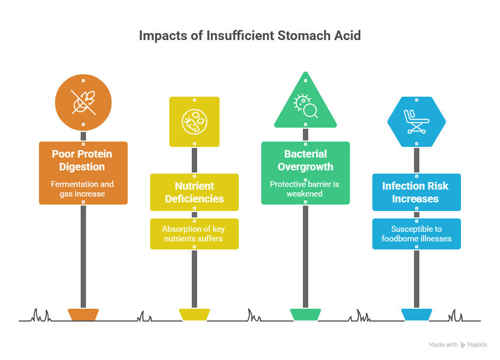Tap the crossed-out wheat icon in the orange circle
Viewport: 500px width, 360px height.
pyautogui.click(x=83, y=103)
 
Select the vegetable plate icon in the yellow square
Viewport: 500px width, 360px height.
pyautogui.click(x=194, y=122)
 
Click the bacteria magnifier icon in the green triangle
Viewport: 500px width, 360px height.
pyautogui.click(x=306, y=106)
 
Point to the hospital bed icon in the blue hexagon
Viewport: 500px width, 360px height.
pyautogui.click(x=417, y=121)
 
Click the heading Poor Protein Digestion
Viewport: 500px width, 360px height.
pyautogui.click(x=82, y=160)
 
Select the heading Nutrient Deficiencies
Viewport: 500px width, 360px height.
pyautogui.click(x=194, y=192)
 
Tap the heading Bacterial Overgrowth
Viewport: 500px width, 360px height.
pyautogui.click(x=305, y=160)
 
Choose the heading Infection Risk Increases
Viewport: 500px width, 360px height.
pyautogui.click(x=415, y=192)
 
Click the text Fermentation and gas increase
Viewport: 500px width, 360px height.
pyautogui.click(x=82, y=189)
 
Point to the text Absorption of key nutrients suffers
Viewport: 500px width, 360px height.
pyautogui.click(x=193, y=234)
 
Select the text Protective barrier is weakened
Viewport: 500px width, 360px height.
pyautogui.click(x=304, y=189)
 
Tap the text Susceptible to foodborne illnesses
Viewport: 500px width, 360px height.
pyautogui.click(x=417, y=234)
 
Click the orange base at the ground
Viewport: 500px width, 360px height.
pyautogui.click(x=83, y=315)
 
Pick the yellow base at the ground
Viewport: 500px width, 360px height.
pyautogui.click(x=194, y=315)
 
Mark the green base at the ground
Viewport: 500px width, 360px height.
pyautogui.click(x=306, y=315)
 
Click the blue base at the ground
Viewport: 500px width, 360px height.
pyautogui.click(x=417, y=315)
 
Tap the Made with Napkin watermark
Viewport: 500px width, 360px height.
pyautogui.click(x=458, y=345)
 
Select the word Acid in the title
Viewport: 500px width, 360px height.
pyautogui.click(x=347, y=36)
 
